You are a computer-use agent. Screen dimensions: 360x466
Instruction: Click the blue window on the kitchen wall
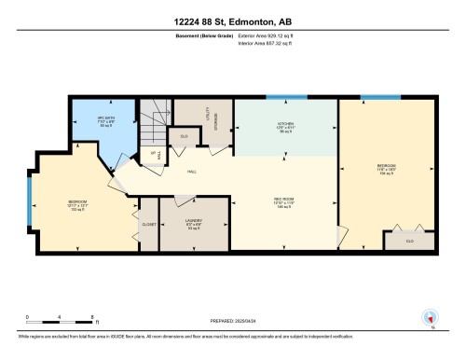[281, 96]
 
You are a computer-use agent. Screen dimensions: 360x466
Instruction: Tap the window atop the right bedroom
[380, 96]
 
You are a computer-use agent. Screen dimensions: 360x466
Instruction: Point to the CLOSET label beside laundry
[148, 225]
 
